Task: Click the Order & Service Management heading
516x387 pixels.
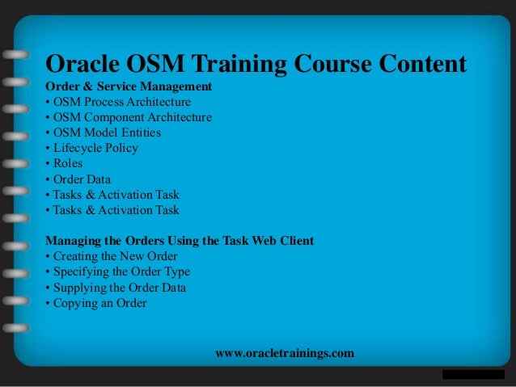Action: [129, 86]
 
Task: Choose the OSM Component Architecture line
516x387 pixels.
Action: [129, 117]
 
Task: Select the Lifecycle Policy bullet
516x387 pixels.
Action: [92, 148]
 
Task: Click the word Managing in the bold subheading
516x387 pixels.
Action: [74, 241]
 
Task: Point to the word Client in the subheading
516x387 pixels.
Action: [296, 241]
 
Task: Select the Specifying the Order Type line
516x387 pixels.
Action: [118, 271]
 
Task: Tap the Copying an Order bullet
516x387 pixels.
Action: [96, 302]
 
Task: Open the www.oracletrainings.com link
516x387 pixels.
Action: [285, 354]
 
